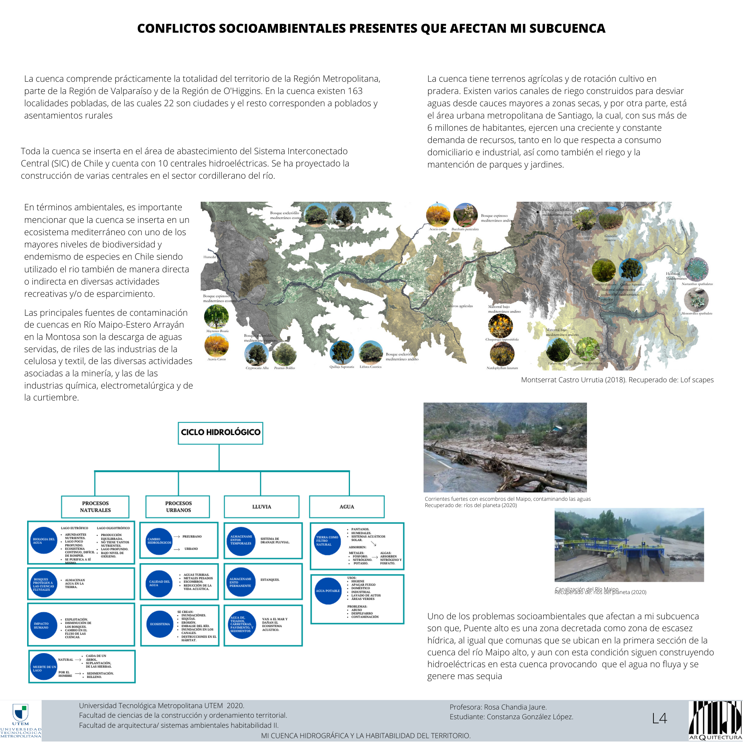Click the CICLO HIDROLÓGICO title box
click(x=220, y=433)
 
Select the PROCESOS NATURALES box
click(x=95, y=506)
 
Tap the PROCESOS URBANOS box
click(x=178, y=506)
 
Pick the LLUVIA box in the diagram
click(x=262, y=506)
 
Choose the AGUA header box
click(x=347, y=506)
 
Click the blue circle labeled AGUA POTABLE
click(x=328, y=591)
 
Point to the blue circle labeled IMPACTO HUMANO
click(x=43, y=625)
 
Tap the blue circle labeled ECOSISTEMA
click(x=160, y=624)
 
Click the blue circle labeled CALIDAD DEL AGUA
click(x=159, y=583)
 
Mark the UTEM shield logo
click(x=20, y=712)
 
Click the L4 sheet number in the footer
click(x=659, y=718)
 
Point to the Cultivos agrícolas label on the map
click(x=459, y=306)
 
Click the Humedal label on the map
click(x=210, y=257)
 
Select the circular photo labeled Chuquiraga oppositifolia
click(x=500, y=325)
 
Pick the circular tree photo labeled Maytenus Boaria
click(x=216, y=317)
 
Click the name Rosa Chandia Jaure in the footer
click(x=515, y=707)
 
